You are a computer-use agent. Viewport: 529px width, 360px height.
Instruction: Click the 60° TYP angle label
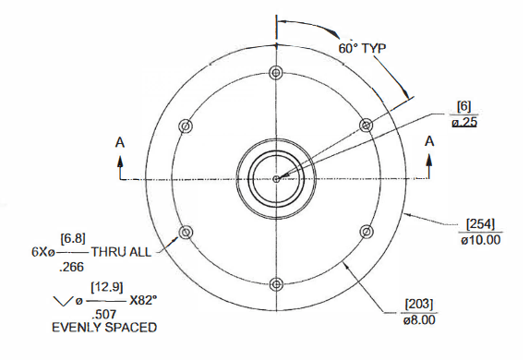pos(362,48)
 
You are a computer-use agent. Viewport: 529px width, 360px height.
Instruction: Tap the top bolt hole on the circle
pos(276,73)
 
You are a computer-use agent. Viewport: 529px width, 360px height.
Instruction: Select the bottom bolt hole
pos(277,284)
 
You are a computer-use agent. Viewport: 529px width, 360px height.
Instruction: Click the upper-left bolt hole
pos(186,126)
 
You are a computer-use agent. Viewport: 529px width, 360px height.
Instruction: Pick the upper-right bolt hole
pos(366,126)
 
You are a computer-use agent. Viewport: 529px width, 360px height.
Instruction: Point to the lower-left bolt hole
pos(186,232)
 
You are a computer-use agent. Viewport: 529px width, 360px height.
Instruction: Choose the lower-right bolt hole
pos(367,232)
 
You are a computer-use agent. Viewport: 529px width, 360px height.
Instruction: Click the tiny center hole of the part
pos(276,179)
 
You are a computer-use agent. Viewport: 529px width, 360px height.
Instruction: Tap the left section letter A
pos(120,143)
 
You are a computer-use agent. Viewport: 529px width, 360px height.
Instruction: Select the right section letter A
pos(429,141)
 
